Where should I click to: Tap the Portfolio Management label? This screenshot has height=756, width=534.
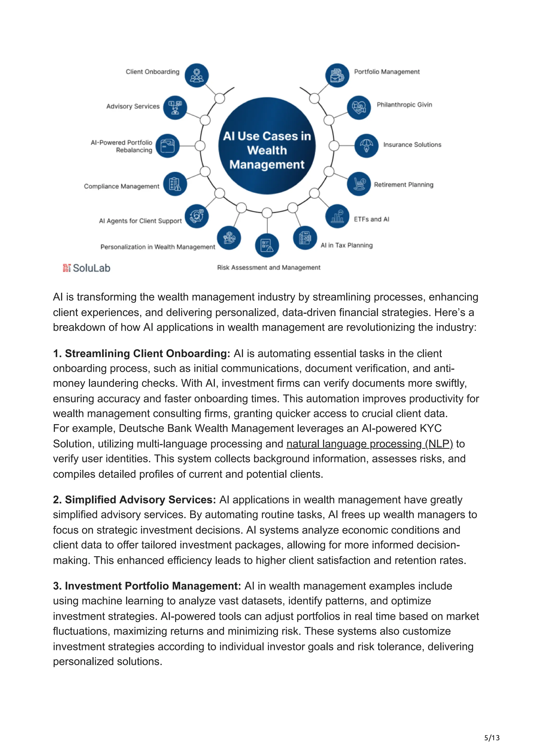(387, 72)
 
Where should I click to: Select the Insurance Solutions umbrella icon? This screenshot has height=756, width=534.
(366, 146)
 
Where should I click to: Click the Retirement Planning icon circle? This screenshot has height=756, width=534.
(359, 184)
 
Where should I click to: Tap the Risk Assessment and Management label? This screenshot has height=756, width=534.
(269, 268)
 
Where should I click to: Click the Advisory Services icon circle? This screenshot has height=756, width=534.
(175, 108)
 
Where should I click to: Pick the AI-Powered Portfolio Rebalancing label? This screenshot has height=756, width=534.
(122, 146)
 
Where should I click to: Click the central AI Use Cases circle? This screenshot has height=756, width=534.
(267, 146)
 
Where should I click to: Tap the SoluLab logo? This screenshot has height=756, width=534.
(87, 268)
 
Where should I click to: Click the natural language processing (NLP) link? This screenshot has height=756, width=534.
(369, 444)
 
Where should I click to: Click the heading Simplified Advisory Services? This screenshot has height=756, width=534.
(134, 500)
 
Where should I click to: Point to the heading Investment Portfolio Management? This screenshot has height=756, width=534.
(147, 586)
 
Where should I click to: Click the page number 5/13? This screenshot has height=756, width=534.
(491, 738)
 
